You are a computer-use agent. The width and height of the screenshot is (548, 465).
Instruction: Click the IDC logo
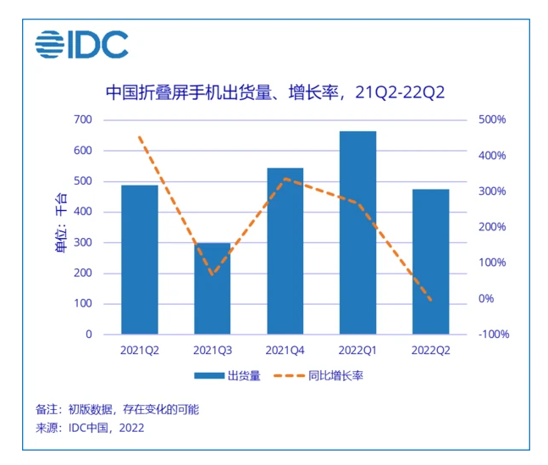(81, 43)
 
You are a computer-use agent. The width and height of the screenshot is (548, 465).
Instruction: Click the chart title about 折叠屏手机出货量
(274, 91)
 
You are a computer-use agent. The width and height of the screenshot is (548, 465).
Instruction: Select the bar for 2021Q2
(140, 259)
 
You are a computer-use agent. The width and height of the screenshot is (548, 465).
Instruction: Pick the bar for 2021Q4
(285, 251)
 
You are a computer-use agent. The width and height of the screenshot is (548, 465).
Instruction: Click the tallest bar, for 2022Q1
(357, 233)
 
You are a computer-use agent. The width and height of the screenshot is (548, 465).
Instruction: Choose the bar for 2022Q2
(430, 262)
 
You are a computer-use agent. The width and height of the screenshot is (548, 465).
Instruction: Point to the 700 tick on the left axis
(82, 120)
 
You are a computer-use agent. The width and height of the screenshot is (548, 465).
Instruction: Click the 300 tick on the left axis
(82, 243)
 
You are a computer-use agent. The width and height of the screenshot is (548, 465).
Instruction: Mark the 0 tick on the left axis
(88, 335)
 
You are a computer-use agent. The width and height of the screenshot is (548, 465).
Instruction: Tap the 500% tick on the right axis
(491, 120)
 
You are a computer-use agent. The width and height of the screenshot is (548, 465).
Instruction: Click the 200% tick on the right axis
(491, 227)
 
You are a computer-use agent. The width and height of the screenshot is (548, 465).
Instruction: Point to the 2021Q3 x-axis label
(213, 349)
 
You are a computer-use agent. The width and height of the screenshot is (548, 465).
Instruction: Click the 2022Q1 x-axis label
(357, 349)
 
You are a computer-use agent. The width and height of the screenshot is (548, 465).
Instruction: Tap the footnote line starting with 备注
(118, 409)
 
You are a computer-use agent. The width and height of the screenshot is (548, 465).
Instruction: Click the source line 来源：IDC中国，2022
(90, 428)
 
